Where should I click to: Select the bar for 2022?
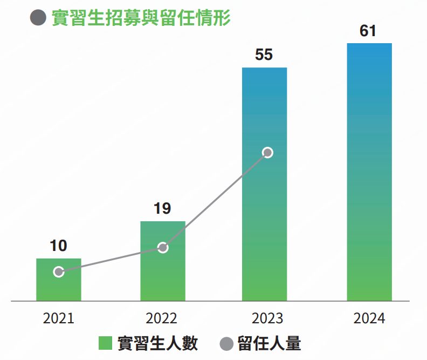coord(163,270)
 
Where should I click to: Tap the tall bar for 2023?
coord(265,216)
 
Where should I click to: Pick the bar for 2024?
coord(369,173)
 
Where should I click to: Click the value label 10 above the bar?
coord(58,246)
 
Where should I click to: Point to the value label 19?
coord(162,209)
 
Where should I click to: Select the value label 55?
coord(264,55)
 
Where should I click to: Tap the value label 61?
coord(368,31)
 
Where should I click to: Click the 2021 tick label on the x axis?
coord(58,318)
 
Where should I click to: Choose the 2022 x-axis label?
coord(162,318)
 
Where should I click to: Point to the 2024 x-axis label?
coord(369,318)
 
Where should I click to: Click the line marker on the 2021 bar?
coord(59,272)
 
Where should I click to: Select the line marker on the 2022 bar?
coord(163,248)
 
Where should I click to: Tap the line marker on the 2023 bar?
coord(267,153)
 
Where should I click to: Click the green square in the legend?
coord(105,343)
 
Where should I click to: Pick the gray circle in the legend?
coord(228,344)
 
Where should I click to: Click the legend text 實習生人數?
coord(157,343)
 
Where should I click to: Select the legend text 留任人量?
coord(269,343)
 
